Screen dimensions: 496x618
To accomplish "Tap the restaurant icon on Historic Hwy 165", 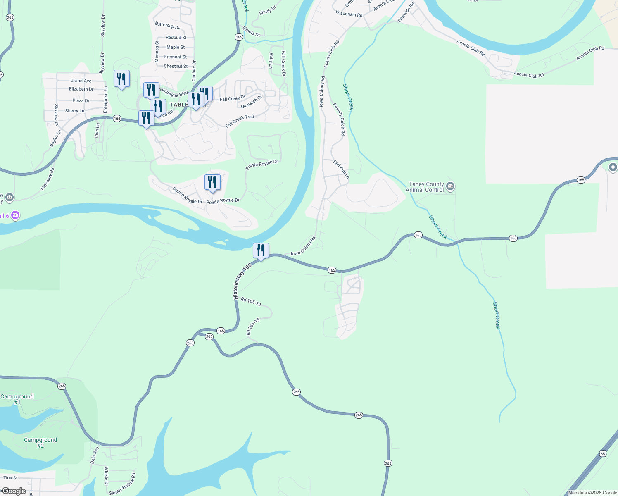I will click(261, 250).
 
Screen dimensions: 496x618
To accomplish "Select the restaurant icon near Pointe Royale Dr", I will click(212, 182).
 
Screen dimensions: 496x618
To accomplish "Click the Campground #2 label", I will click(40, 443).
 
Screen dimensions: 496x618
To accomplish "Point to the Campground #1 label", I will click(17, 399).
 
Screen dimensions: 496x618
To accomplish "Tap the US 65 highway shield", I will click(603, 454).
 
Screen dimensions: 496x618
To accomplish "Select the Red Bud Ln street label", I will click(341, 169).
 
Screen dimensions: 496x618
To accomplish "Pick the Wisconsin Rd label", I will click(349, 14).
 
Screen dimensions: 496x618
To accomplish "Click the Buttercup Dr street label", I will click(167, 26).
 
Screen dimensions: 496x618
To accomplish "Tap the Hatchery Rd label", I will click(47, 179).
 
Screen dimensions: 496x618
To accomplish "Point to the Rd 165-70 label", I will click(251, 302).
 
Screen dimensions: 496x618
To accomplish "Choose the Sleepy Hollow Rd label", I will click(122, 484).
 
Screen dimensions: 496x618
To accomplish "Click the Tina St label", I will click(10, 478).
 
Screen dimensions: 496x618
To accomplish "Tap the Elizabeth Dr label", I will click(81, 89).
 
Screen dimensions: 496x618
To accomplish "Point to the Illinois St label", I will click(251, 31).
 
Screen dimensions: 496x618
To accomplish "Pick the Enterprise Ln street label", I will click(106, 100).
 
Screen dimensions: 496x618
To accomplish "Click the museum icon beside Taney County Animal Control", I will click(450, 187).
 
